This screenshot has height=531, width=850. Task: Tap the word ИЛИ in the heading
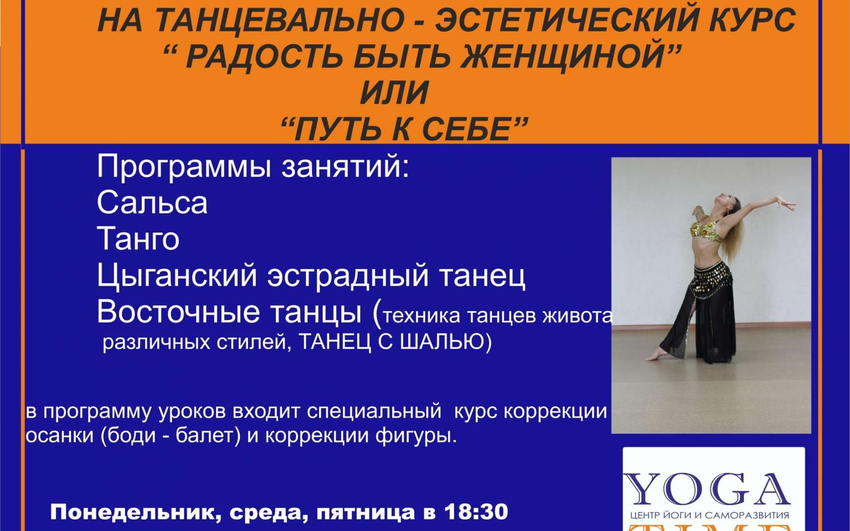[394, 93]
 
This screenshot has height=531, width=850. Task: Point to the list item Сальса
[152, 203]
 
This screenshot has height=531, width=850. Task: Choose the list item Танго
[138, 239]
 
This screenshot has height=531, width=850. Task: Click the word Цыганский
[177, 276]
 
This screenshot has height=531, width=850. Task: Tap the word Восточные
[178, 312]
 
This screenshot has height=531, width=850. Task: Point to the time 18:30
[476, 512]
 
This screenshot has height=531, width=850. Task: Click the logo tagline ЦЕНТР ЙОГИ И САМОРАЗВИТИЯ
[709, 516]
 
